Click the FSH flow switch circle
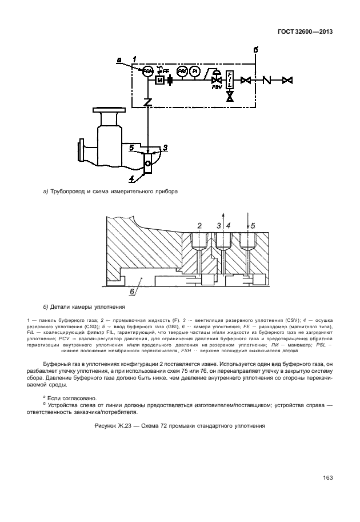[x=147, y=71]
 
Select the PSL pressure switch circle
[x=182, y=71]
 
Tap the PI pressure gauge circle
[x=195, y=71]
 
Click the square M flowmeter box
[x=159, y=81]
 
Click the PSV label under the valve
[x=217, y=87]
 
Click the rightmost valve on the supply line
[x=288, y=81]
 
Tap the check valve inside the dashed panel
[x=147, y=103]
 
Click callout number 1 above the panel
[x=133, y=58]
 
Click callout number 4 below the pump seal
[x=132, y=178]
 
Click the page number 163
[x=327, y=477]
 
